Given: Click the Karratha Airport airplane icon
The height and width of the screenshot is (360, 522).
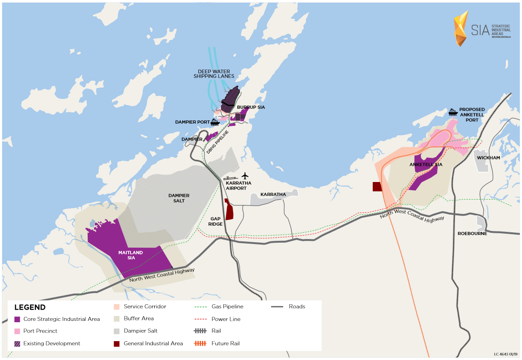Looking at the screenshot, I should tap(245, 175).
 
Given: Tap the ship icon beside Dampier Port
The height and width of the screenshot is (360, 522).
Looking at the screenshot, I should tap(215, 121).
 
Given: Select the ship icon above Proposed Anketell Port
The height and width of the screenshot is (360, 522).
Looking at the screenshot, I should tap(453, 112).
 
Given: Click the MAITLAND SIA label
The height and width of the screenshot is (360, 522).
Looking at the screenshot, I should tap(130, 255).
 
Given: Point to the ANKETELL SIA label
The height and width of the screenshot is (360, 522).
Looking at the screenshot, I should tap(426, 165).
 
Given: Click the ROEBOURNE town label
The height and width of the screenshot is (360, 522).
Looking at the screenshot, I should tap(472, 233).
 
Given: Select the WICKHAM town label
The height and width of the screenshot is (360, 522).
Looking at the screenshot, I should tap(488, 158).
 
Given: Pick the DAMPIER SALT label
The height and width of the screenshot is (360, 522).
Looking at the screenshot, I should tap(178, 198).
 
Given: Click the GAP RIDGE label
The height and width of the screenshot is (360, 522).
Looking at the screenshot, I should tap(216, 221).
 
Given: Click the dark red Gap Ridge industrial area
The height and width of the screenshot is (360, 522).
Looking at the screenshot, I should tap(229, 210).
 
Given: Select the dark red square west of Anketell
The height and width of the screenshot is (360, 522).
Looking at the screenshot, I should tap(377, 187).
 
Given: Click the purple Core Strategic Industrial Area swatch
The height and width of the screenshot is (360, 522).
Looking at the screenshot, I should tap(18, 319).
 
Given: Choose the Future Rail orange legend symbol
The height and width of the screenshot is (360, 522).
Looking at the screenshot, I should tap(200, 343).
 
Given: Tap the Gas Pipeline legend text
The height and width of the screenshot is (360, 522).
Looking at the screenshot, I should tap(227, 307).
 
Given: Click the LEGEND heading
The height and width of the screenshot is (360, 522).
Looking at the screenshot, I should tap(30, 307).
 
